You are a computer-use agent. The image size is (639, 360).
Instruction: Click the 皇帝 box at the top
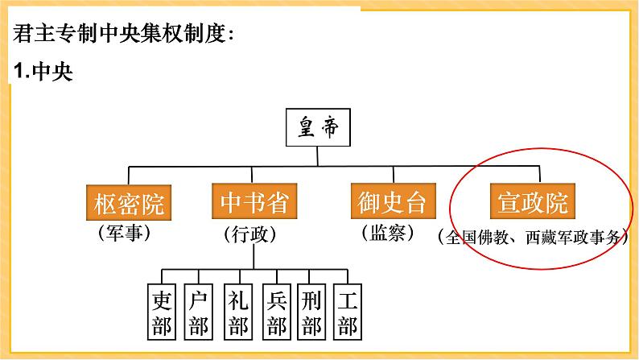(x=319, y=130)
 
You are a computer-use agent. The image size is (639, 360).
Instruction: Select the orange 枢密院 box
(x=129, y=203)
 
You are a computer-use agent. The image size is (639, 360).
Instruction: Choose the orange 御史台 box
(x=388, y=203)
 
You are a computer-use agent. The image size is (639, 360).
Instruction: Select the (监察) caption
(x=388, y=233)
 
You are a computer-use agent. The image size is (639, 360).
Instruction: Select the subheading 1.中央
(x=43, y=72)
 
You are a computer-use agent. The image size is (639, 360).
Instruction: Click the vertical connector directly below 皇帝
(x=319, y=158)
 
